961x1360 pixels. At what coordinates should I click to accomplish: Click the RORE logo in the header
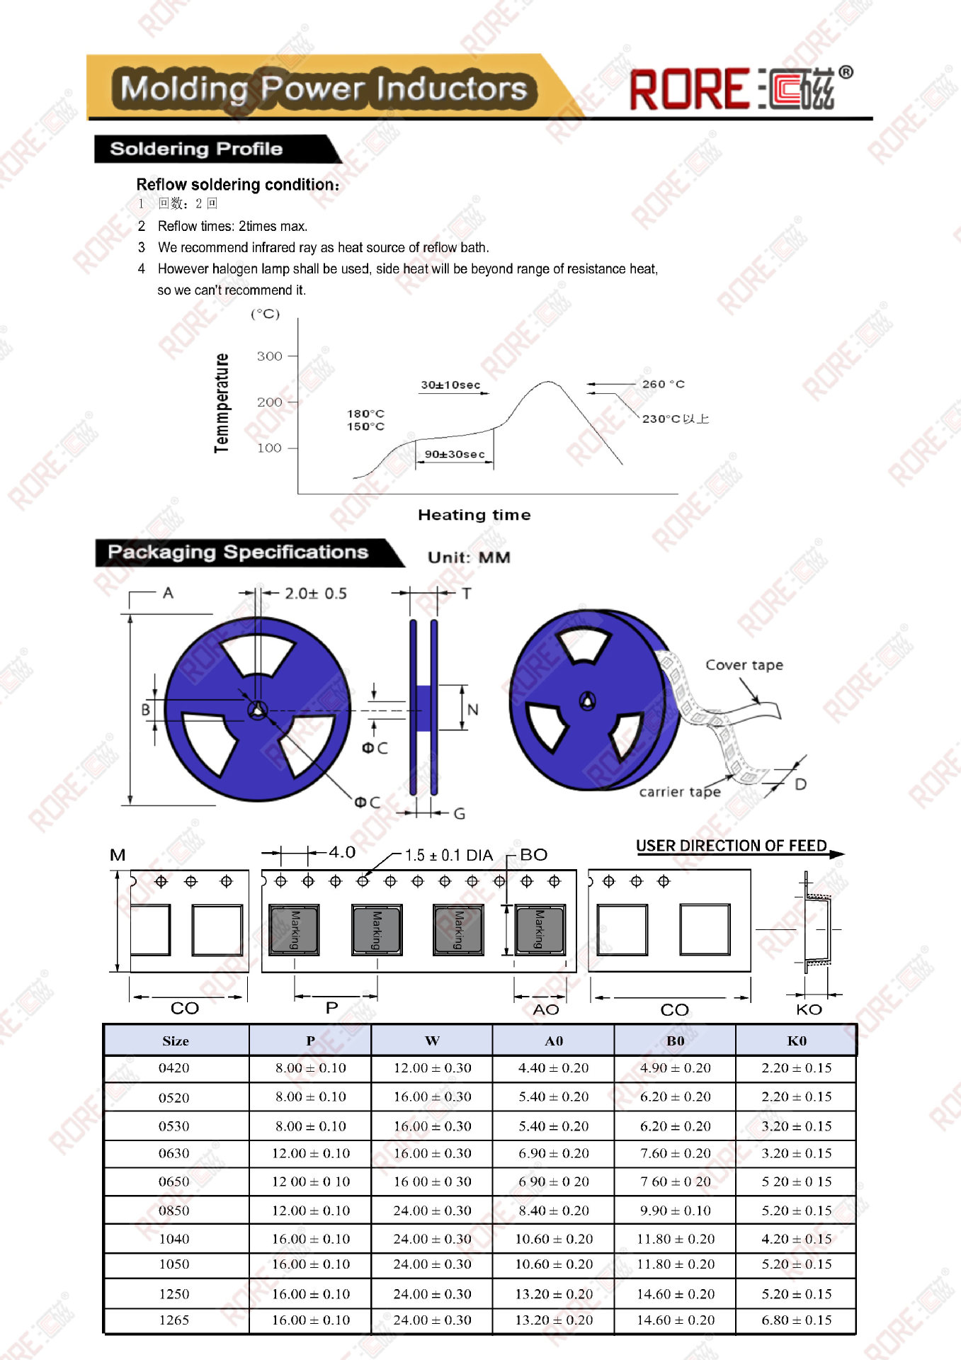pos(740,89)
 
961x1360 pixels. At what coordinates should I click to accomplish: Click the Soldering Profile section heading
pos(197,149)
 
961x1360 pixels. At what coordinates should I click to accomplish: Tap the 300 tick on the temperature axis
pos(269,356)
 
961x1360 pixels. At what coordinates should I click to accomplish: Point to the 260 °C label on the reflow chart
pos(663,384)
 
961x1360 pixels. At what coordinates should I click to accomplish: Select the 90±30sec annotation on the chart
pos(455,454)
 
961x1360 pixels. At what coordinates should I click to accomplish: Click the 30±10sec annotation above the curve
pos(450,385)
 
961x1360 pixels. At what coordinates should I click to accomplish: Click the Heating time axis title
pos(474,515)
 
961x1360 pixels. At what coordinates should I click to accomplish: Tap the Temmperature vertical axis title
pos(222,403)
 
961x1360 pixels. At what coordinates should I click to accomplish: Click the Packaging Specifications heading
pos(238,552)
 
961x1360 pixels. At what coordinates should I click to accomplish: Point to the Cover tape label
pos(744,664)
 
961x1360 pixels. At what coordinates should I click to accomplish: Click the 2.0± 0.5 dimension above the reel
pos(316,594)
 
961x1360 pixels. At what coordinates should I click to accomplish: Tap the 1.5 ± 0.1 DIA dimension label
pos(449,855)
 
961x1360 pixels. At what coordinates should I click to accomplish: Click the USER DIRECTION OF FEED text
pos(731,846)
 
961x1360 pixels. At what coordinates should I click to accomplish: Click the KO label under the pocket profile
pos(809,1009)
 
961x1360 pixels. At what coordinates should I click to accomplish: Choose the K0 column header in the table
pos(797,1041)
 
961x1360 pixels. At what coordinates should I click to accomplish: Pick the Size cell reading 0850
pos(174,1211)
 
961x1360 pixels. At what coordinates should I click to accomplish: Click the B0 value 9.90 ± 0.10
pos(676,1211)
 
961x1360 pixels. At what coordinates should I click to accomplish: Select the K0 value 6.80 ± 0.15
pos(797,1320)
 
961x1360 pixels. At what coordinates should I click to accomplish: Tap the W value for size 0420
pos(432,1068)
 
